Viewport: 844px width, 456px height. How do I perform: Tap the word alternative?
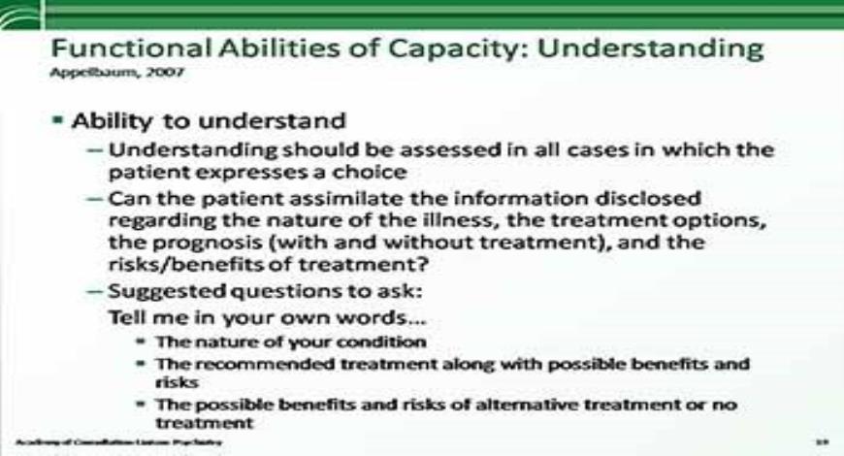pyautogui.click(x=507, y=405)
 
